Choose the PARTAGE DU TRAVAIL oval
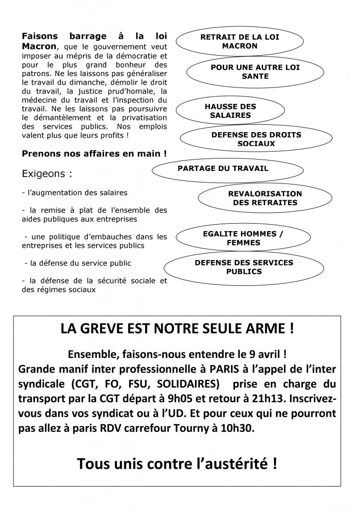point(223,169)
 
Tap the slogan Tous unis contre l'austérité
point(177,464)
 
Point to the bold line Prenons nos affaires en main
point(94,154)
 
